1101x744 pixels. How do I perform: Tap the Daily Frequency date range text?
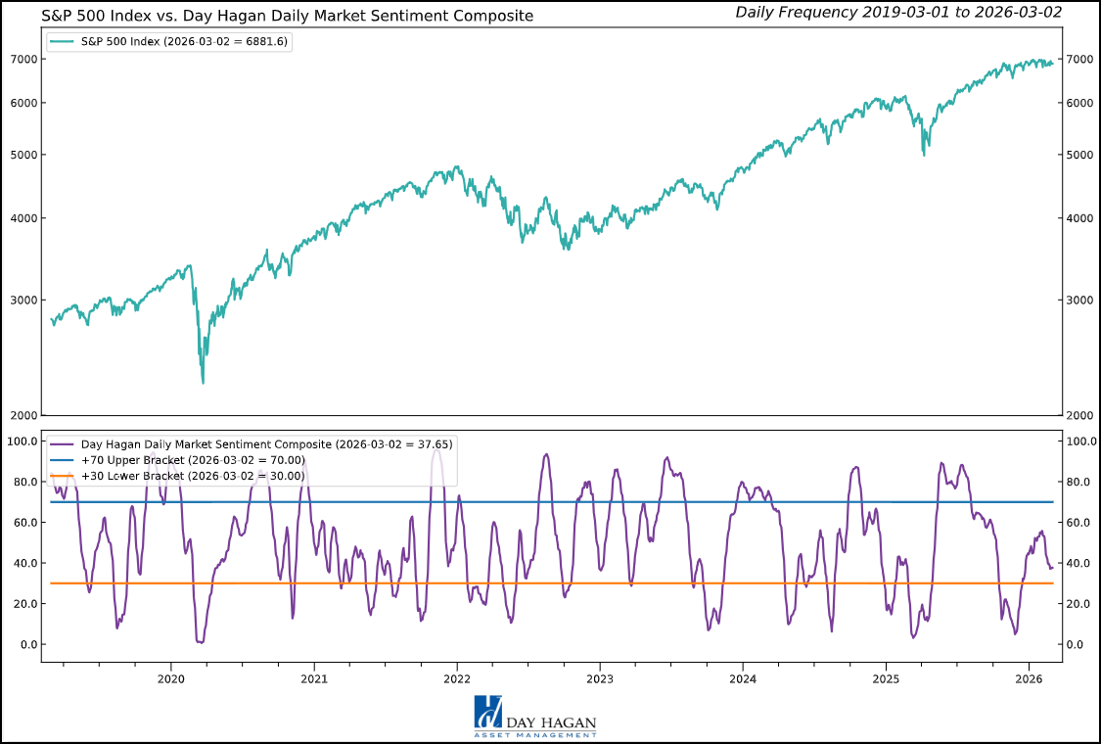897,13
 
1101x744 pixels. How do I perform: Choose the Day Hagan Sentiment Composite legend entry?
250,444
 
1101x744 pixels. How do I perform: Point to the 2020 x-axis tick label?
170,678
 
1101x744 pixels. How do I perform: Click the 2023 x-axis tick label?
599,678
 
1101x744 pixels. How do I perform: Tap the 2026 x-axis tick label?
1029,678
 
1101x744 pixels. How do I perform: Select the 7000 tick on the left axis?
24,59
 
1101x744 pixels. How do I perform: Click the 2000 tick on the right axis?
1079,416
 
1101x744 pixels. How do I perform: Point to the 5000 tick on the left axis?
24,155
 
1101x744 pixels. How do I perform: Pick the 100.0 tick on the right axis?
1081,442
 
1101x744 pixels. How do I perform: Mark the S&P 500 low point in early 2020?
203,382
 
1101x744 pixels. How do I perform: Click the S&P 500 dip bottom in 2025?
925,155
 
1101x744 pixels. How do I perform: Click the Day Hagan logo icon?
487,712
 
